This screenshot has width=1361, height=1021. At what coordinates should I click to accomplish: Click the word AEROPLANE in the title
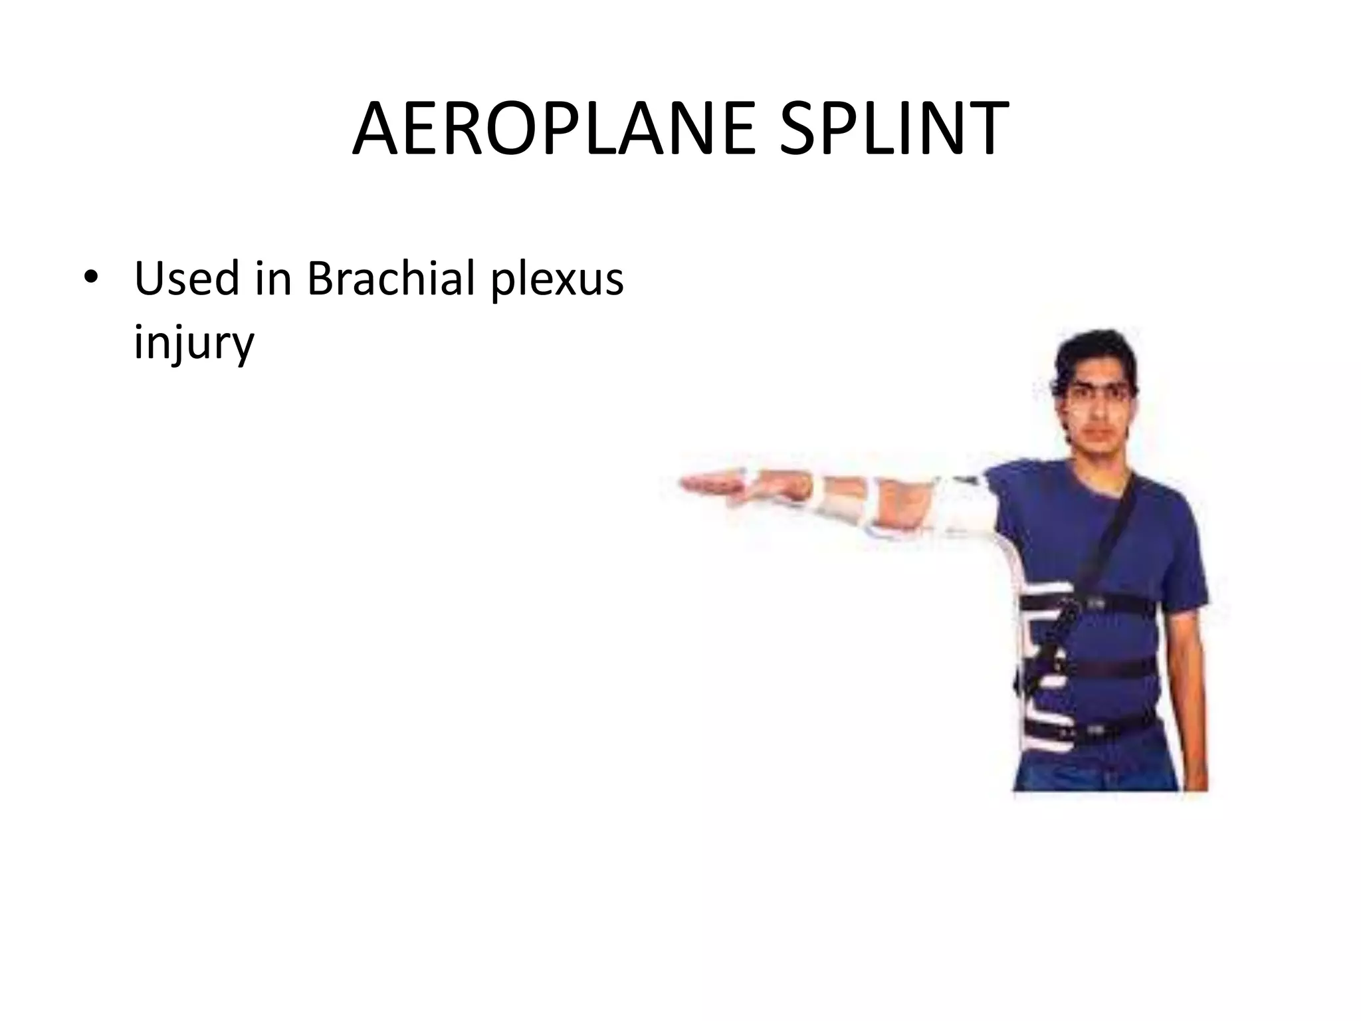pyautogui.click(x=553, y=130)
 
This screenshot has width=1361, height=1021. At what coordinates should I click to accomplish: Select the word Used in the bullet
pyautogui.click(x=185, y=278)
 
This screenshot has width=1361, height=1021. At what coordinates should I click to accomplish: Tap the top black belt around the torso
pyautogui.click(x=1116, y=604)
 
